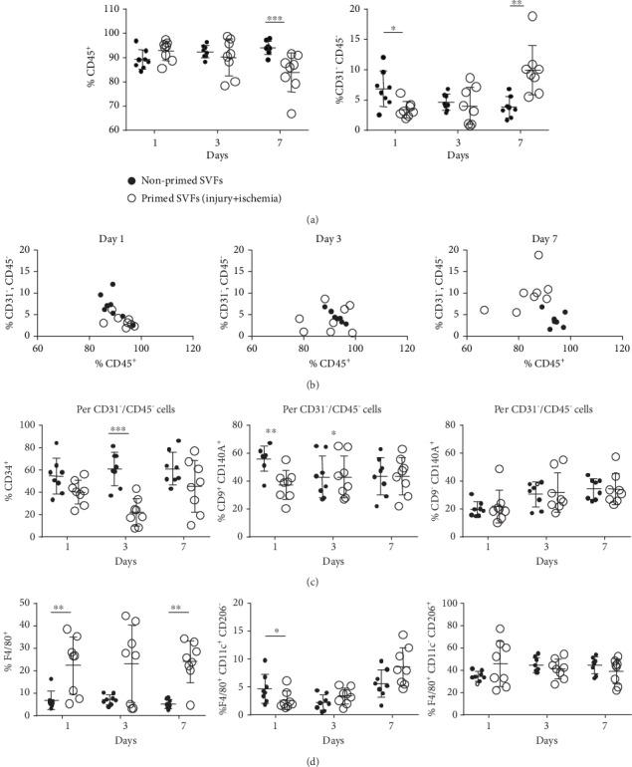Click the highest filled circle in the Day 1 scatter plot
(112, 285)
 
